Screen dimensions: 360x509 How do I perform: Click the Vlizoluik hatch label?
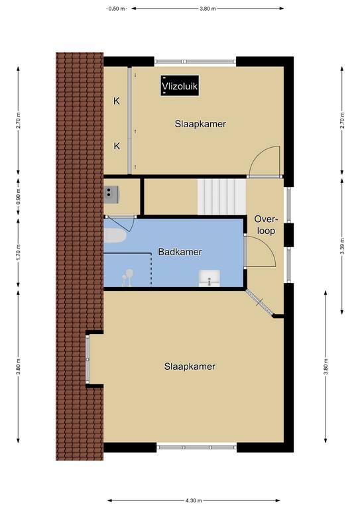tap(180, 86)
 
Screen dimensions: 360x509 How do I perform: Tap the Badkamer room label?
tap(180, 252)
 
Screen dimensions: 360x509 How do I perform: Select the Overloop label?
tap(266, 225)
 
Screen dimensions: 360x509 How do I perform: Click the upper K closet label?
tap(117, 101)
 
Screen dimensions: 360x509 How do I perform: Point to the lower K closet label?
tap(117, 146)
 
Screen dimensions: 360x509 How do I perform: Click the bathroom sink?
tap(210, 278)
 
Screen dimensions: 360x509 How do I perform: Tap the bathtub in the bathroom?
tap(115, 235)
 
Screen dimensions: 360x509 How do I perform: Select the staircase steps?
tap(221, 197)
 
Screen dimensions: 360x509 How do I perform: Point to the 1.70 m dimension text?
tap(18, 252)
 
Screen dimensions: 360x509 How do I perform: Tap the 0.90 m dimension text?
tap(18, 197)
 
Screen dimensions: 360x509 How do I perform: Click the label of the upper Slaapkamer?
tap(200, 124)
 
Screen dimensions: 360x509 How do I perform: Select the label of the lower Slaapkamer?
tap(190, 367)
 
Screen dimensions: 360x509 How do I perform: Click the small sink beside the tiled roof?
tap(111, 194)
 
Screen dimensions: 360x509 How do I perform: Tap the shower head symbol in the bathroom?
tap(127, 278)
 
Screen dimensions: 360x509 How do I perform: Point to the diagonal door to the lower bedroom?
tap(260, 302)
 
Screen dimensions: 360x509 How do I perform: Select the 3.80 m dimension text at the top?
tap(208, 9)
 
